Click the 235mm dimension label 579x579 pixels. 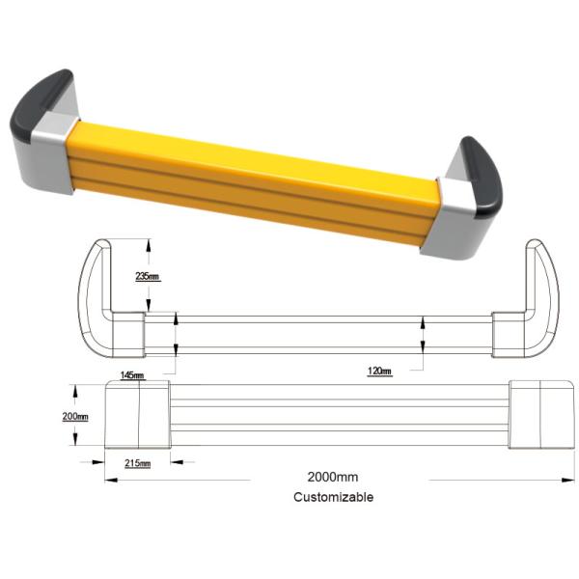[148, 276]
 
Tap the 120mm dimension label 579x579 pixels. [380, 371]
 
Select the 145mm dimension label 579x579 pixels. [132, 375]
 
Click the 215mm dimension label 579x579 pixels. [138, 463]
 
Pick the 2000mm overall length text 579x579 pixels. [333, 478]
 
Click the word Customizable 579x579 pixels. [333, 497]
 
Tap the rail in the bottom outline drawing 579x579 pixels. [338, 415]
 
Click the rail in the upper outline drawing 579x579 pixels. [318, 334]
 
